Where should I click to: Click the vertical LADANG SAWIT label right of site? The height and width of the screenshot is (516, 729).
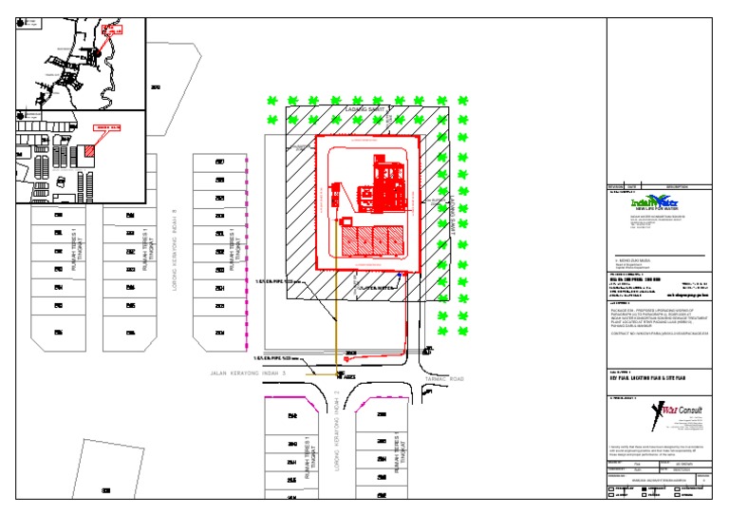[454, 219]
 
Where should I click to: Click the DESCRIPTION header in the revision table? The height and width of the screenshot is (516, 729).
[676, 186]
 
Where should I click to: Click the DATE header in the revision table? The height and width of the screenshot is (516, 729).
[632, 186]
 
